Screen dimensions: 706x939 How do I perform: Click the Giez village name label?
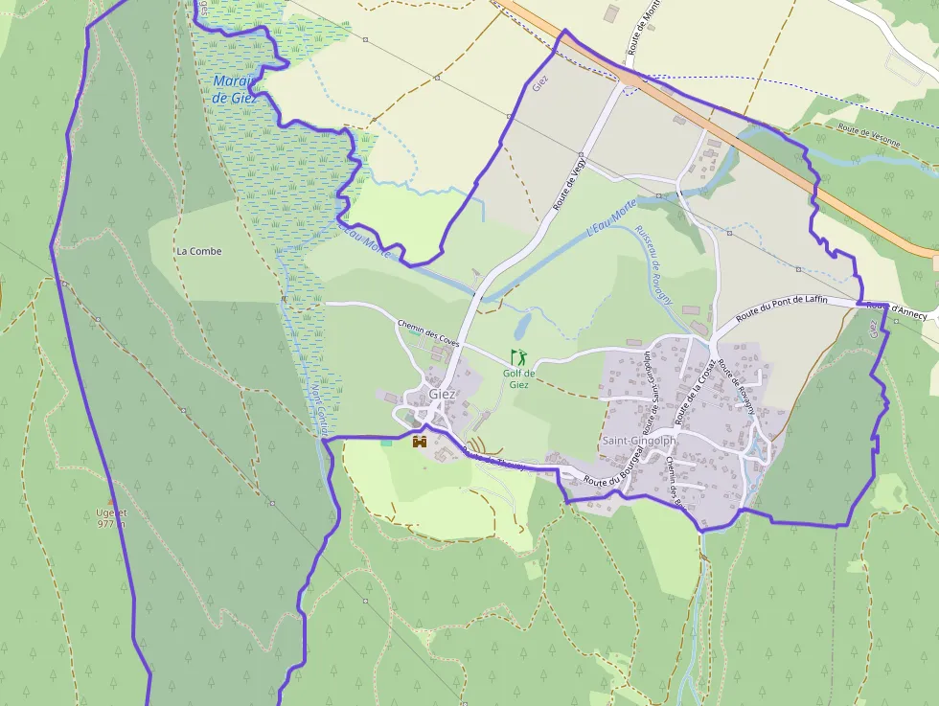click(442, 394)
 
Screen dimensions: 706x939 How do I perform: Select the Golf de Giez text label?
click(518, 378)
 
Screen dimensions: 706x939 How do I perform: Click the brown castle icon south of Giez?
click(419, 442)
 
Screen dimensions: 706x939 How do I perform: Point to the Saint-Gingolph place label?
click(639, 441)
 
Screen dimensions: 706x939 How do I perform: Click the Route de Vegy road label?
click(568, 182)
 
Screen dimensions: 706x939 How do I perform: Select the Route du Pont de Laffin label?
click(781, 308)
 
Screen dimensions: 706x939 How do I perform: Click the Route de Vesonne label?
click(869, 134)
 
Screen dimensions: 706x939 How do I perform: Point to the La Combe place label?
click(198, 251)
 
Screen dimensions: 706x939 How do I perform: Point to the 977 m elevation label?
click(112, 523)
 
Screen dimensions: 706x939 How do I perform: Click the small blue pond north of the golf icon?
click(522, 327)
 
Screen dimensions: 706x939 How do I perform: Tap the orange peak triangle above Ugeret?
click(111, 501)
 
